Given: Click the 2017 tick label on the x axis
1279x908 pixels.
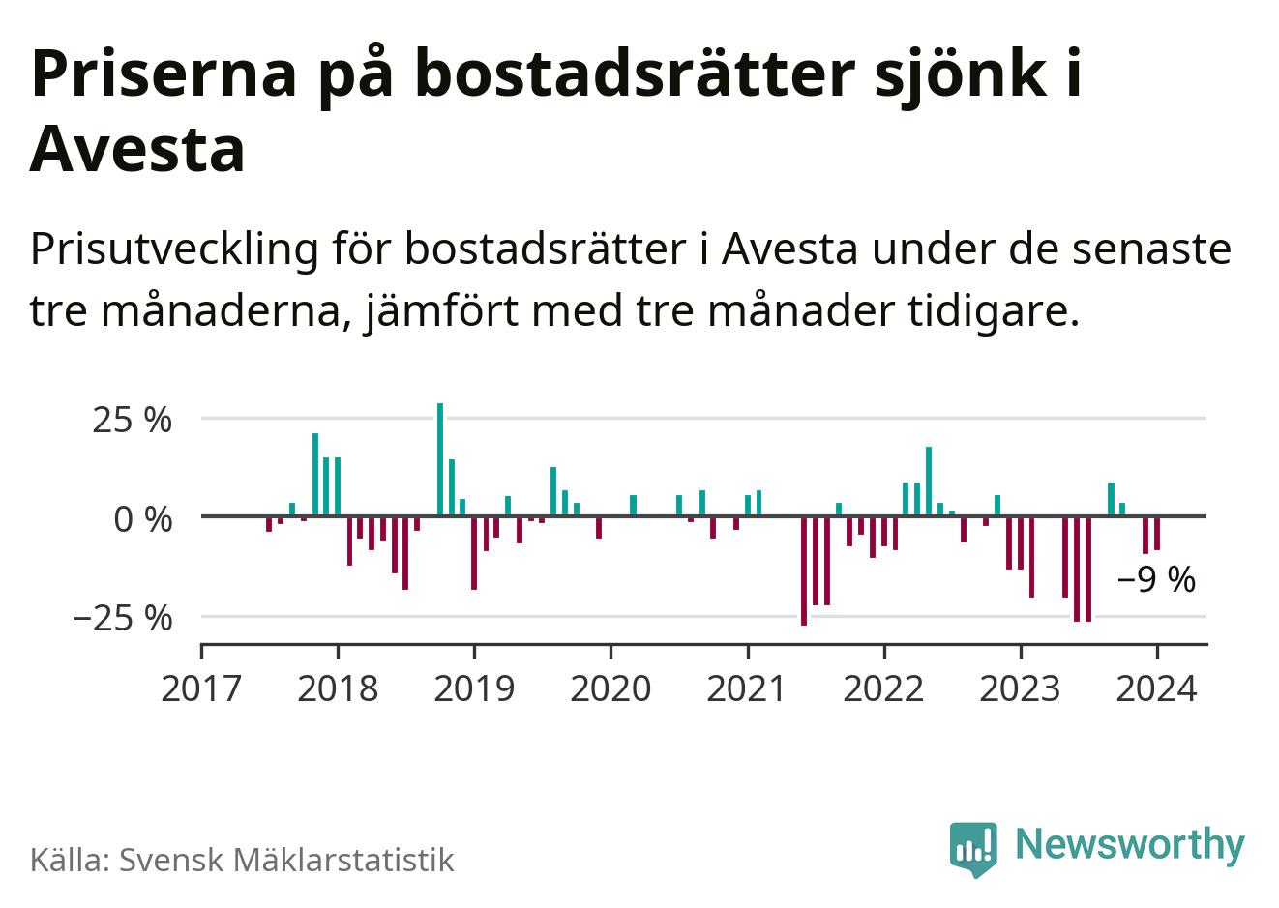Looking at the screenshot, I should click(x=201, y=689).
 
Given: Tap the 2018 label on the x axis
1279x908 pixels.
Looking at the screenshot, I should click(x=338, y=689).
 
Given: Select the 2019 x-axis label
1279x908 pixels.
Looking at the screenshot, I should click(x=474, y=689).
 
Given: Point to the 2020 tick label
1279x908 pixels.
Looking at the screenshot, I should click(x=610, y=689).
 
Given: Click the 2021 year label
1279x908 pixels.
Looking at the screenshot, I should click(x=747, y=689).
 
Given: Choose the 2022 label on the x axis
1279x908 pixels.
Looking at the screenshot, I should click(x=883, y=689).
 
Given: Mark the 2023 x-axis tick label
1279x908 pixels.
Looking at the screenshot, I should click(x=1020, y=689).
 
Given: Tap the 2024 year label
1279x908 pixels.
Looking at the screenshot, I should click(x=1157, y=689).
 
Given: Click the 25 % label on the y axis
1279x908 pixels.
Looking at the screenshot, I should click(x=133, y=421).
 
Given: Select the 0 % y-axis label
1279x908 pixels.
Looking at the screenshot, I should click(x=142, y=519).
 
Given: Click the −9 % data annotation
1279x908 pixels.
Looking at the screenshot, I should click(x=1156, y=580).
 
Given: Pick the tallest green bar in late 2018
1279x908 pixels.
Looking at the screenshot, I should click(x=440, y=459).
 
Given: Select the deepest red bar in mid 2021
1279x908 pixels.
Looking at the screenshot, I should click(x=804, y=571).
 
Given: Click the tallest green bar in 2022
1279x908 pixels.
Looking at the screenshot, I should click(x=929, y=481).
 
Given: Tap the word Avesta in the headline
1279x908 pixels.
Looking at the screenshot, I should click(x=137, y=151).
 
